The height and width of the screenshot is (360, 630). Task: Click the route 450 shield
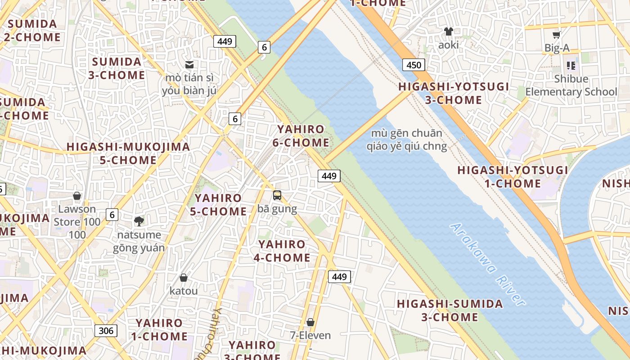click(x=414, y=65)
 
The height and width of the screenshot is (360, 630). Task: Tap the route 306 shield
click(x=106, y=331)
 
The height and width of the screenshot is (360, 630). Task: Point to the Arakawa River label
click(x=488, y=265)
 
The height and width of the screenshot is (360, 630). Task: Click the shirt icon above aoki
click(x=448, y=31)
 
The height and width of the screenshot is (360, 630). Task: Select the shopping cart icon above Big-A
click(x=557, y=35)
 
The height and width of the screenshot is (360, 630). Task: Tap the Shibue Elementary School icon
click(x=571, y=66)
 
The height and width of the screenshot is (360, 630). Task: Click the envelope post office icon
click(x=189, y=65)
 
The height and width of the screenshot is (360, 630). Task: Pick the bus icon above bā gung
click(x=277, y=195)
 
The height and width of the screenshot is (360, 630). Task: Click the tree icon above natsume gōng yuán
click(x=139, y=221)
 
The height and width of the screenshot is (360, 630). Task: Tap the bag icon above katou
click(x=184, y=278)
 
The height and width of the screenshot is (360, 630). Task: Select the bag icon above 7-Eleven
click(x=310, y=322)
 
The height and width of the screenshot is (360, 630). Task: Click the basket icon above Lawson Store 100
click(x=77, y=196)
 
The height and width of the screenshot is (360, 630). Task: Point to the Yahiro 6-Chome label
click(x=301, y=136)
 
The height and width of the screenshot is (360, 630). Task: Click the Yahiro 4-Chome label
click(x=282, y=251)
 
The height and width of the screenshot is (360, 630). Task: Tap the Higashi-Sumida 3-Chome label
click(x=450, y=310)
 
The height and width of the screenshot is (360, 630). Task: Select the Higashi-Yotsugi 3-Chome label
click(x=454, y=93)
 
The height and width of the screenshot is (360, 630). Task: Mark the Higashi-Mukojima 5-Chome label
click(x=128, y=153)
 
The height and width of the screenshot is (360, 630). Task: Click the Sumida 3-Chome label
click(x=117, y=68)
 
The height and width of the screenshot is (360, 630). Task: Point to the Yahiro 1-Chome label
click(x=159, y=329)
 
